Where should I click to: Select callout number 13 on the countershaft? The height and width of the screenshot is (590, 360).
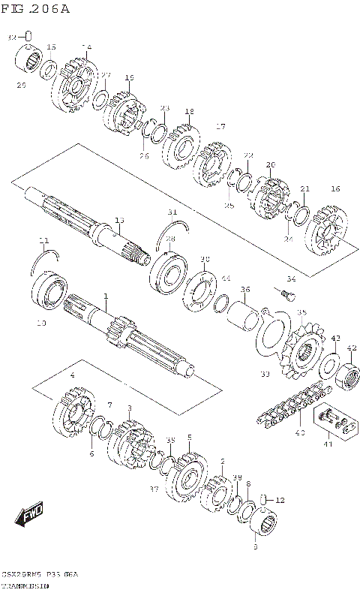point(118,220)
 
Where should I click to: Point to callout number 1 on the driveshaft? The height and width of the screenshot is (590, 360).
point(106,296)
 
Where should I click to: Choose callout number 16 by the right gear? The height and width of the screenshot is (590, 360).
point(335,189)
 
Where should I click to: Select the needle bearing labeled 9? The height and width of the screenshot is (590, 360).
point(262,517)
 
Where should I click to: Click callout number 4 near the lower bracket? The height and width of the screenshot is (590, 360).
point(72,375)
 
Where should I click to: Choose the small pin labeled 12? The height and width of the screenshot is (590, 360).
point(263,498)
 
